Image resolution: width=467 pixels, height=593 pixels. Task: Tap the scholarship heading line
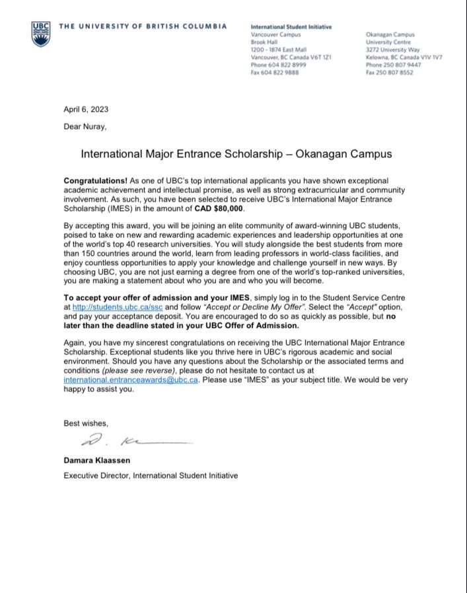236,153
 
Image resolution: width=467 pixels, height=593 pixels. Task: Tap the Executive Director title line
150,475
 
